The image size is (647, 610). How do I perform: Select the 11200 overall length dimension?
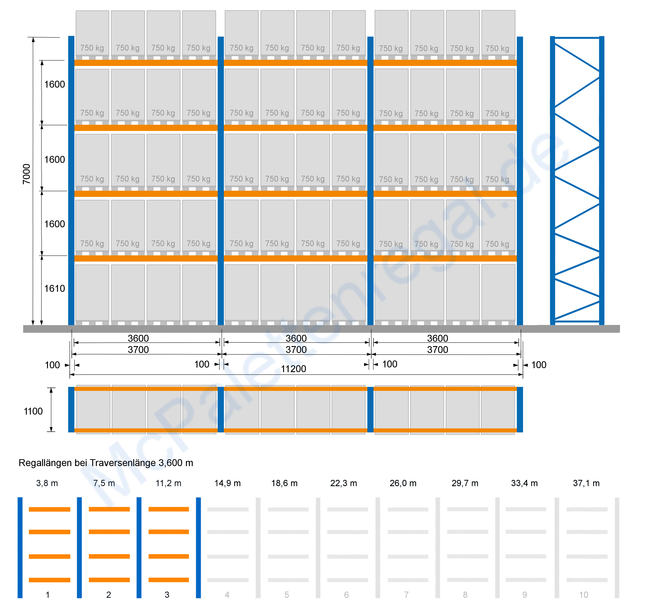[294, 369]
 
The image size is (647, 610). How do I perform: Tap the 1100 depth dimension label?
[33, 411]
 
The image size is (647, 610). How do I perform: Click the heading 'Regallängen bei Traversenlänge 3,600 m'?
[106, 463]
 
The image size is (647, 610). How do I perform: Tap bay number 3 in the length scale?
[167, 595]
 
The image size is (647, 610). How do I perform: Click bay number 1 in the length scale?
[48, 595]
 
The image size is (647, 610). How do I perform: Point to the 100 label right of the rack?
[539, 365]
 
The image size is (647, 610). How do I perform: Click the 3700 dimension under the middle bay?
[296, 350]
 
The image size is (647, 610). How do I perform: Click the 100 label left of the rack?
[52, 365]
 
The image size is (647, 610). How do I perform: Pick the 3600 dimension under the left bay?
[138, 338]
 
